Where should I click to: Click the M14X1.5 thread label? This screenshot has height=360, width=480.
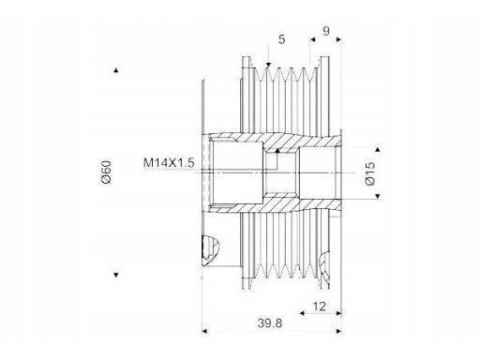pos(169,163)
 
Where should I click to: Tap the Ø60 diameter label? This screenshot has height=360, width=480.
pos(107,172)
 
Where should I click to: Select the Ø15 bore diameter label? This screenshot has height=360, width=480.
pos(370,173)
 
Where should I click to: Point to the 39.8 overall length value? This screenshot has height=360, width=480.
pos(270,323)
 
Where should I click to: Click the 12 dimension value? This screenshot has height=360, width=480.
pos(319,307)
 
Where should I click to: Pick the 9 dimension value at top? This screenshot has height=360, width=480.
pos(326,31)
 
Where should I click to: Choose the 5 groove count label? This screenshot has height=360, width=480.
pos(281,39)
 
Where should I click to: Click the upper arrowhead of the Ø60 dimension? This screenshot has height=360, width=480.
pos(116,70)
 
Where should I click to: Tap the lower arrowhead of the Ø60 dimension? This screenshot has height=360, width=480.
pos(116,275)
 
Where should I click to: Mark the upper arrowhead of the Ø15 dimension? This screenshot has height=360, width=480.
pos(378,149)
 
